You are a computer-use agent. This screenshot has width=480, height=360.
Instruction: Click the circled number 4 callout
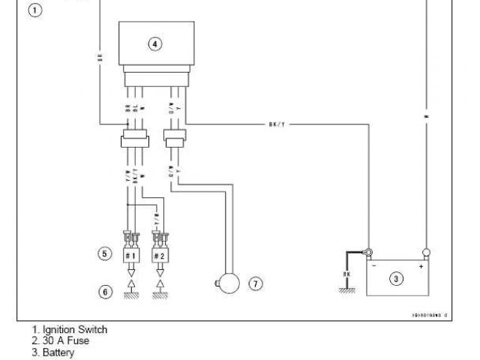pos(154,43)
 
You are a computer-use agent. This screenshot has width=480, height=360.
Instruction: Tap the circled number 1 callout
pos(35,10)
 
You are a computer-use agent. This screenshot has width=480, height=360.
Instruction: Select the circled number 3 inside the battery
pos(396,279)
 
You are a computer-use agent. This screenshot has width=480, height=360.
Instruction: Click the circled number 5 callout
pos(105,253)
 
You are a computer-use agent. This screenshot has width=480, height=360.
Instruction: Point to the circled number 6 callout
pos(105,290)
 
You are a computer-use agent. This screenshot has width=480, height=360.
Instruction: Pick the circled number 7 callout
pos(256,283)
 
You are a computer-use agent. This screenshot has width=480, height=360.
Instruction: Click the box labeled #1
pos(131,255)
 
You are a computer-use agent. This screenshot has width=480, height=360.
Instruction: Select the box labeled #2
pos(159,255)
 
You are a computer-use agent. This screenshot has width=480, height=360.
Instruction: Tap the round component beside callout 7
pos(227,283)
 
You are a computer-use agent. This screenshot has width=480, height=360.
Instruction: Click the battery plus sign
pos(421,265)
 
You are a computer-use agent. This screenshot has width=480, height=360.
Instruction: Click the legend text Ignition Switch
pos(74,329)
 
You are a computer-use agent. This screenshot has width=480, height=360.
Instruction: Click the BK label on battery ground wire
pos(346,274)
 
